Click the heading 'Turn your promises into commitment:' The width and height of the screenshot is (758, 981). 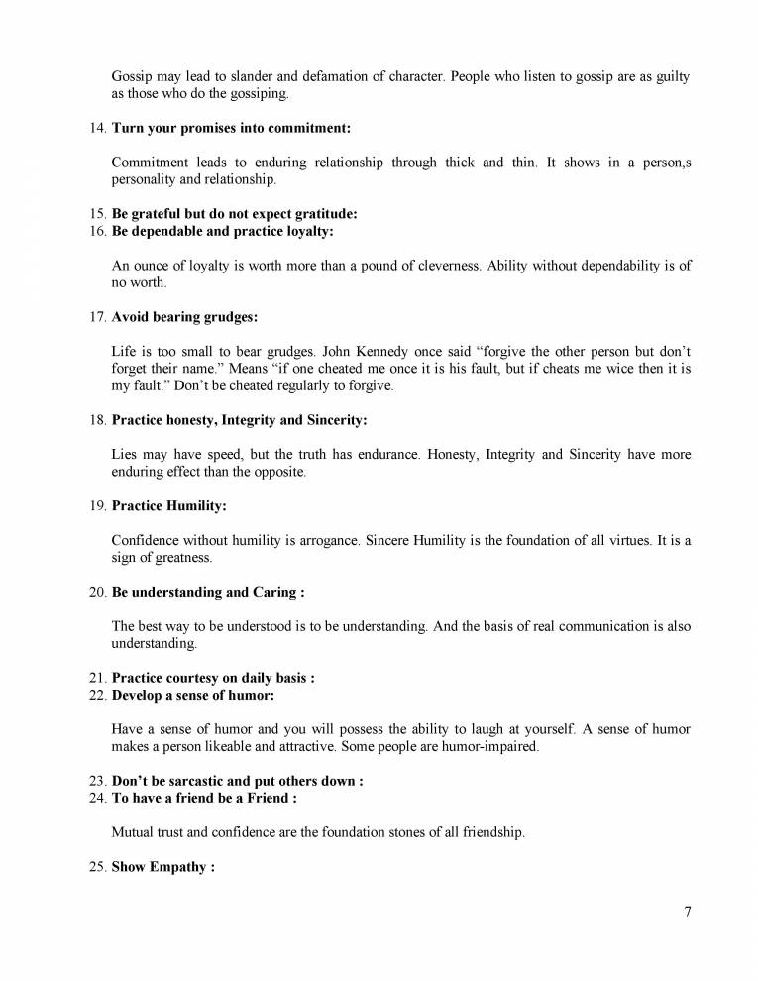pyautogui.click(x=231, y=128)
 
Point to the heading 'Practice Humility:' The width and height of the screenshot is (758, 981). pyautogui.click(x=168, y=505)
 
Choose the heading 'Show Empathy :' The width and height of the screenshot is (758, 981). pyautogui.click(x=162, y=867)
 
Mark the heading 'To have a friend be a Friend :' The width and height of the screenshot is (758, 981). pyautogui.click(x=203, y=798)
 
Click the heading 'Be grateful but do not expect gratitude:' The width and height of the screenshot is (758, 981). pyautogui.click(x=234, y=214)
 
